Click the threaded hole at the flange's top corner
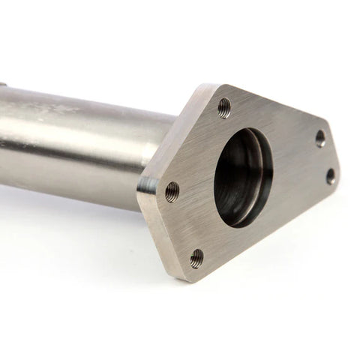(224, 108)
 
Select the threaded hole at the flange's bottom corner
(196, 258)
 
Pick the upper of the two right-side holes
(320, 138)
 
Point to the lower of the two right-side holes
(331, 176)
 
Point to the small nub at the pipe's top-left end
(3, 85)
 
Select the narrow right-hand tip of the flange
(337, 161)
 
